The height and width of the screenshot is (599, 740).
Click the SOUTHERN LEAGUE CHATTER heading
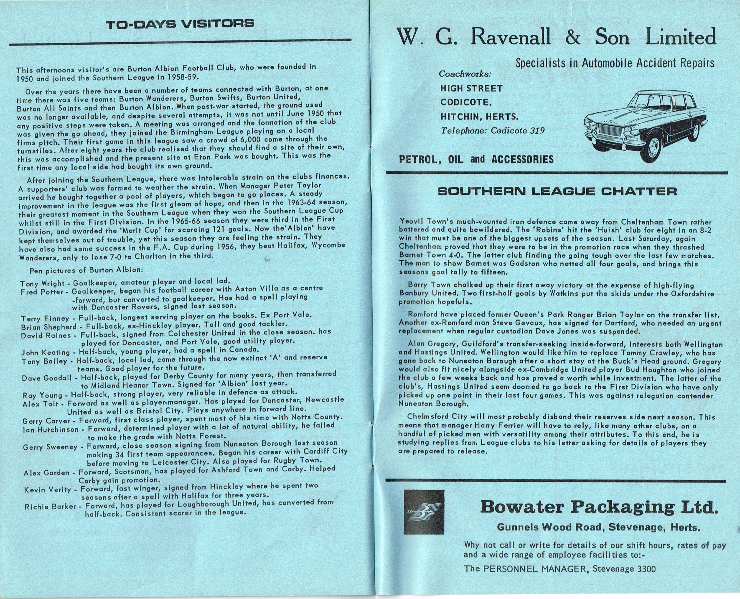557,191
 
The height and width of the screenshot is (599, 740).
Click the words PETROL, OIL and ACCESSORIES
476,159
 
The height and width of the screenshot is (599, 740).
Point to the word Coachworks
465,74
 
